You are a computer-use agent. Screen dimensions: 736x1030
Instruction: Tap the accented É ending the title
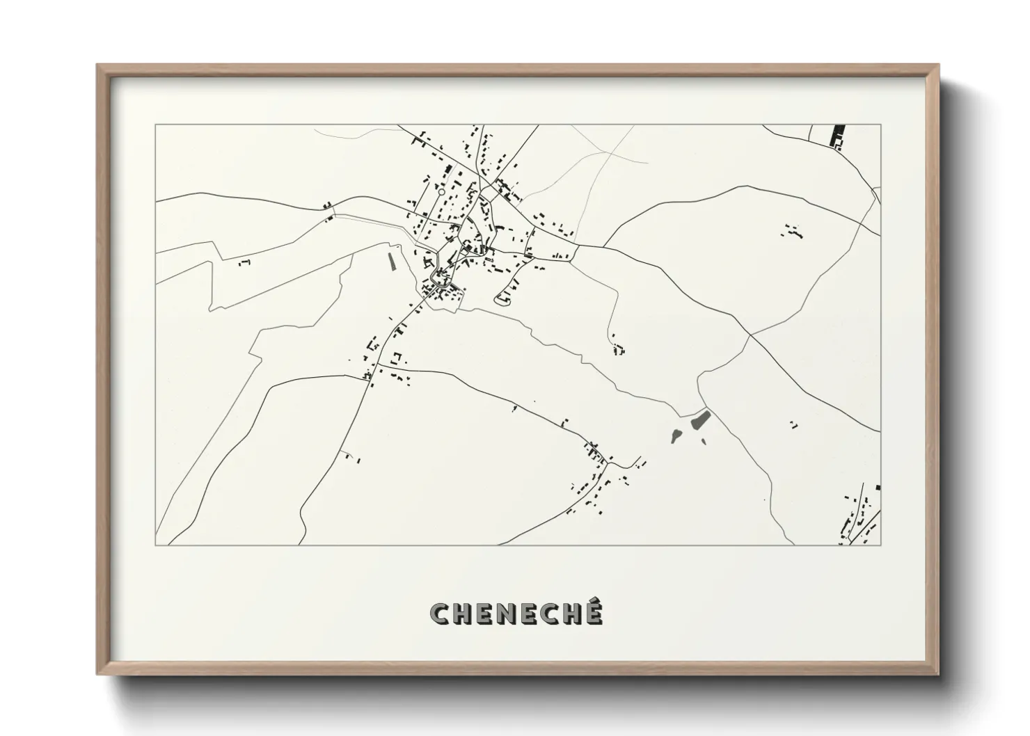coord(592,612)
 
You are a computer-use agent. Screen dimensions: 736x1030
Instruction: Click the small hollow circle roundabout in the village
coord(441,191)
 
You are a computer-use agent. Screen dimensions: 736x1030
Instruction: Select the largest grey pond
coord(699,419)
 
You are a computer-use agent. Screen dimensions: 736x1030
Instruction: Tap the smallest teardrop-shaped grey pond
coord(674,436)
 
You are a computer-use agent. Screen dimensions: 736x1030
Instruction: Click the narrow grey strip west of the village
coord(391,261)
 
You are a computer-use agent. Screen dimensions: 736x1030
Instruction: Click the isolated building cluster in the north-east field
coord(793,232)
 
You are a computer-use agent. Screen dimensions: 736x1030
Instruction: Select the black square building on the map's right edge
coord(878,488)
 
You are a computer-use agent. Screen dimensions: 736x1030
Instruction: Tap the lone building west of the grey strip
coord(244,262)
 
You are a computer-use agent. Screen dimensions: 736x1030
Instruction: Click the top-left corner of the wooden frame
coord(97,65)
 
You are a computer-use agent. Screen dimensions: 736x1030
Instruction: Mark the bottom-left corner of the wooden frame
coord(97,674)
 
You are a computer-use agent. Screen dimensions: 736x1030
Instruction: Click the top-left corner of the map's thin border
coord(155,125)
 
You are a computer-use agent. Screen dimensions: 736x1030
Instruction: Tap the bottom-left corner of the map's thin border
coord(155,545)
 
